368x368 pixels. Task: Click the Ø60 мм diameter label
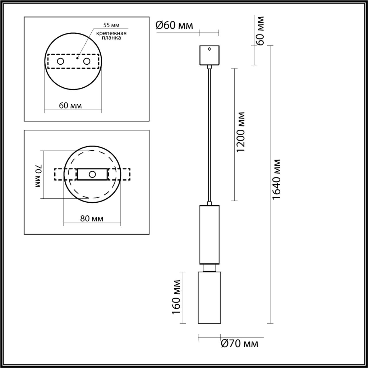tap(174, 25)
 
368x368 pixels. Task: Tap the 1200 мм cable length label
tap(241, 132)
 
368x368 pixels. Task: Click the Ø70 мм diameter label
tap(239, 343)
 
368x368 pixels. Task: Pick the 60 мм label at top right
tap(260, 31)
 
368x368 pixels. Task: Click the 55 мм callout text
tap(111, 26)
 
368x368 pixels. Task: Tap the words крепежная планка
tap(111, 35)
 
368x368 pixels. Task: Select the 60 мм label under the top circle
tap(70, 106)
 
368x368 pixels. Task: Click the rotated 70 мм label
tap(39, 176)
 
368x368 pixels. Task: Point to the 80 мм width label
tap(92, 218)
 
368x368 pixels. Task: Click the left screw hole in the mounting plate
tap(61, 61)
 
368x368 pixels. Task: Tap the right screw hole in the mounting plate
tap(87, 61)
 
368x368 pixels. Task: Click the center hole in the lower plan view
tap(92, 174)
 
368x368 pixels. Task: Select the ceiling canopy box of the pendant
tap(209, 55)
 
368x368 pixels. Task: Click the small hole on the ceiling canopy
tap(209, 49)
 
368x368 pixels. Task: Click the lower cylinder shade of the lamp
tap(209, 298)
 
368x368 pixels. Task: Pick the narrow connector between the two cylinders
tap(209, 268)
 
